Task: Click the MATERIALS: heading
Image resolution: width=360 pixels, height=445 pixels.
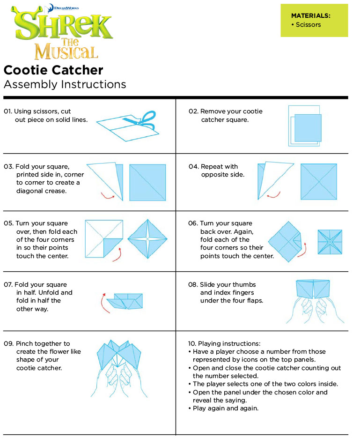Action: [310, 15]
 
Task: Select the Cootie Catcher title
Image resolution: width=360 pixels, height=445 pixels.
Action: [53, 70]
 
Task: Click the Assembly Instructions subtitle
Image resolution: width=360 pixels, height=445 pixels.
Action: [65, 84]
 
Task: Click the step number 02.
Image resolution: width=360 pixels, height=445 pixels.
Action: [193, 111]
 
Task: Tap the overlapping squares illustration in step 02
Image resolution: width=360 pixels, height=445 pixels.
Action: [305, 126]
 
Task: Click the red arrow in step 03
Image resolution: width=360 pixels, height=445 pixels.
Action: [108, 195]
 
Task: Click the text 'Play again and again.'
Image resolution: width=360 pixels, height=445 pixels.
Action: [226, 408]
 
